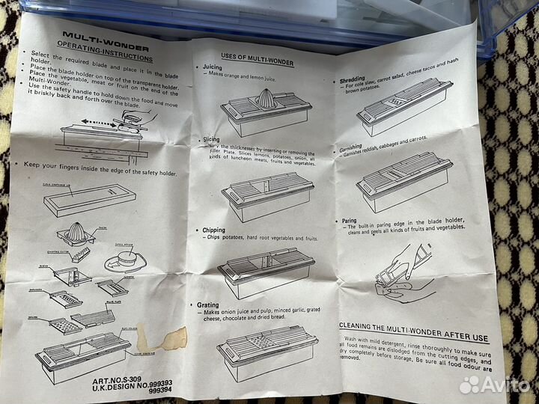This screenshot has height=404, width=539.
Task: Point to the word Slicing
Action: (x=213, y=139)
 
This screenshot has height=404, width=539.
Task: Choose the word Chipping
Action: (x=213, y=230)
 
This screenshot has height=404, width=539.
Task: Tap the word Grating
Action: (x=208, y=305)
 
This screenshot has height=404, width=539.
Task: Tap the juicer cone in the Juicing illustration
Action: (x=266, y=98)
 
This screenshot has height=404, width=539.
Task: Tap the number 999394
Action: (x=161, y=391)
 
